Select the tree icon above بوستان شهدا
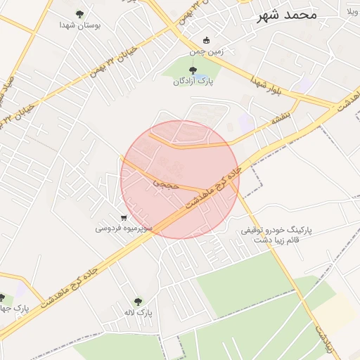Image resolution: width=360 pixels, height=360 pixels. pos(79,13)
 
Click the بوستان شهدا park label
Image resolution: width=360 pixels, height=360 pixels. pos(80,25)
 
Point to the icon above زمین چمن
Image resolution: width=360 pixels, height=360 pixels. pos(206,40)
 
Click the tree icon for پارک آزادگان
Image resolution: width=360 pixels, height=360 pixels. pos(193,70)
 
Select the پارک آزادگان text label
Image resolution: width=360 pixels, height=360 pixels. pos(193,82)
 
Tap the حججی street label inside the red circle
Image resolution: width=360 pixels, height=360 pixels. pos(167,183)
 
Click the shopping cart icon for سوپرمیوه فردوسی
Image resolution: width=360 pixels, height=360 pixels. pos(124,217)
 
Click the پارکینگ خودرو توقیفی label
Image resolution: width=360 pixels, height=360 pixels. pos(276,230)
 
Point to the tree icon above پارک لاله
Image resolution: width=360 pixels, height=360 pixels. pos(138,301)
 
